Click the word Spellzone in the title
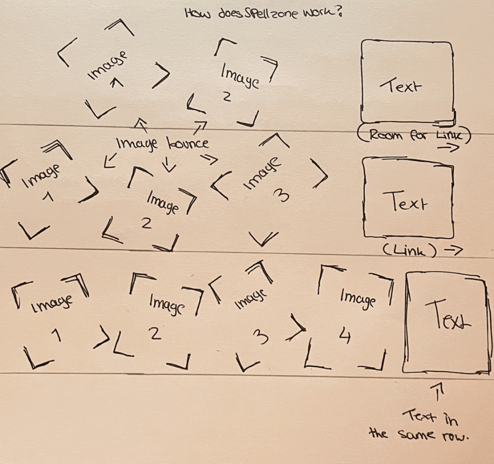[x=270, y=14]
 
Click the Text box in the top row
[x=407, y=81]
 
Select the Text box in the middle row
[x=408, y=197]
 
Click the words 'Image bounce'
[x=162, y=144]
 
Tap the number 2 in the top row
[x=227, y=97]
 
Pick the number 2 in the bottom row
[x=155, y=334]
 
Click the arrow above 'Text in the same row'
[x=438, y=392]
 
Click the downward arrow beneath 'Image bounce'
[x=170, y=164]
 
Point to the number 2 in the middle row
[x=146, y=224]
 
